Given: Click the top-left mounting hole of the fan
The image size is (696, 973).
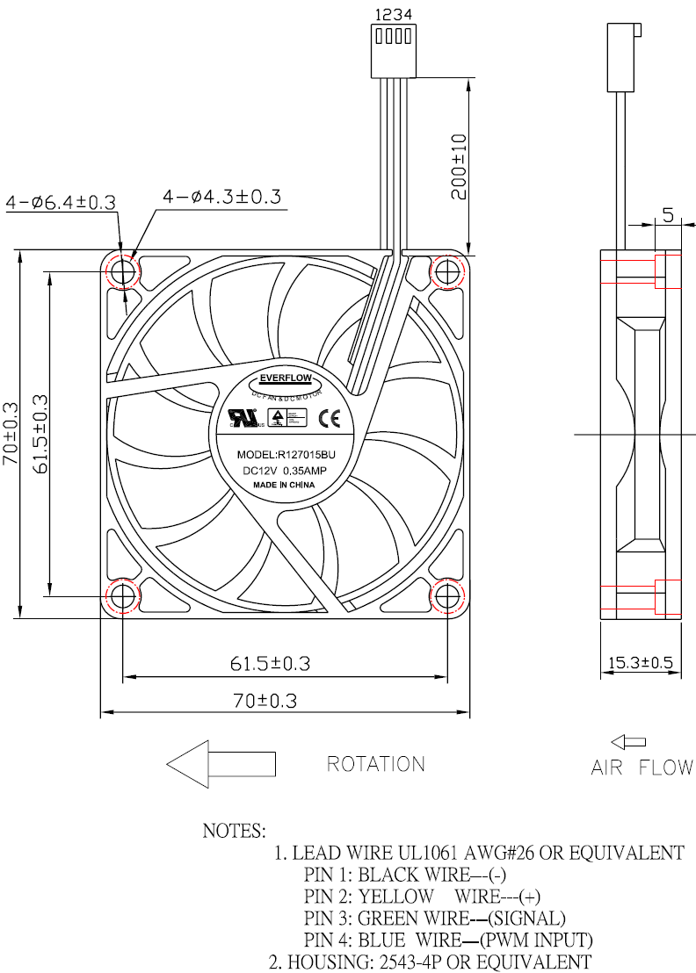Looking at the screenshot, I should pyautogui.click(x=123, y=270).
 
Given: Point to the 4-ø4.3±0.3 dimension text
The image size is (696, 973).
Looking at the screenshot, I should pyautogui.click(x=221, y=197).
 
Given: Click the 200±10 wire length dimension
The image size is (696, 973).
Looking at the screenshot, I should pyautogui.click(x=458, y=167).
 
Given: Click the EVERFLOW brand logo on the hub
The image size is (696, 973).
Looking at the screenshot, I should pyautogui.click(x=286, y=379).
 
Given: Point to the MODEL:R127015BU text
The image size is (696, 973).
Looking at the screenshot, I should pyautogui.click(x=286, y=455).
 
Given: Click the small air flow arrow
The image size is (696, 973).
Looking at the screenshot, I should pyautogui.click(x=628, y=742).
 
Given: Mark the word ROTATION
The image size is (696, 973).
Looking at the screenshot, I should pyautogui.click(x=375, y=764).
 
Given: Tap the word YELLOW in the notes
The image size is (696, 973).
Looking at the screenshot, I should pyautogui.click(x=395, y=897).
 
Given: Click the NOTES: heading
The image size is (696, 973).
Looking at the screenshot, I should pyautogui.click(x=234, y=830).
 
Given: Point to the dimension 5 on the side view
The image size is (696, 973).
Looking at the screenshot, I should pyautogui.click(x=668, y=215).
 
